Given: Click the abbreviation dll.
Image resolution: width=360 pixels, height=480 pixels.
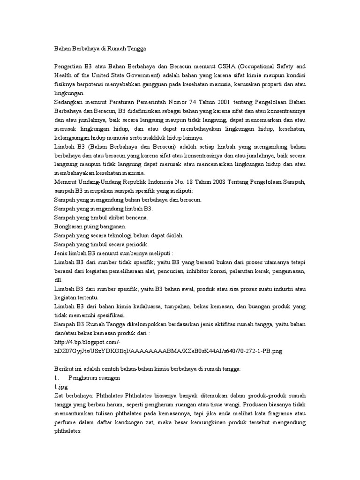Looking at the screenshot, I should [59, 280].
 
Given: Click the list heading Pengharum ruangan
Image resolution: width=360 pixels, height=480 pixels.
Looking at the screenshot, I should [94, 377].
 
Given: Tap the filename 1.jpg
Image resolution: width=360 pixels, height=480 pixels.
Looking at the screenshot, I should [62, 386].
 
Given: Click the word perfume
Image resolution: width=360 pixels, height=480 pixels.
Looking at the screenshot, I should [67, 422].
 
